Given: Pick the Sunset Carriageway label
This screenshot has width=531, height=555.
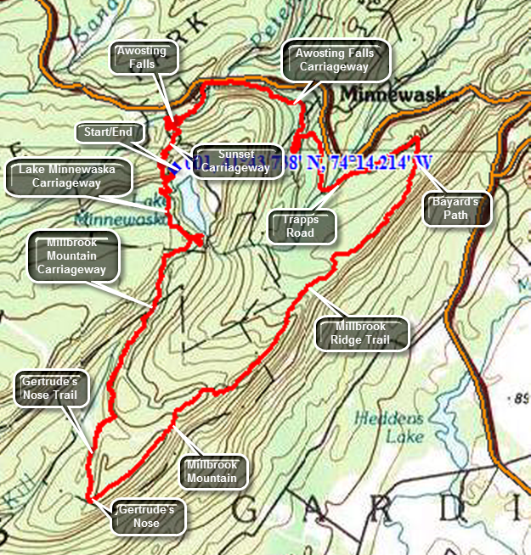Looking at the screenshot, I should [231, 160].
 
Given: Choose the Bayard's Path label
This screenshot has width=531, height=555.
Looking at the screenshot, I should [458, 209].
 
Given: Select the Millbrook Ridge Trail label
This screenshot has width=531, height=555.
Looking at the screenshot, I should [362, 334].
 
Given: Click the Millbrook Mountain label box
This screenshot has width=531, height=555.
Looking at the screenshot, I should [210, 472].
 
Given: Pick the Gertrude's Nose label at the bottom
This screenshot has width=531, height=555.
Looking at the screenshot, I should [146, 517].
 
